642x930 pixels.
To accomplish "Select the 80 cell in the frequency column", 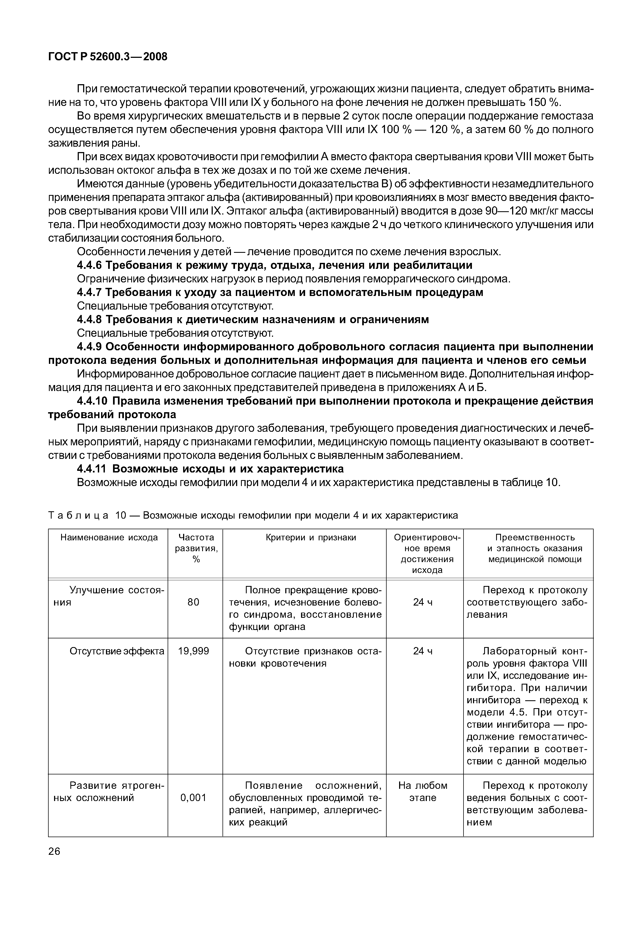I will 193,602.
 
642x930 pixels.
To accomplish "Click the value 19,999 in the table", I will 193,651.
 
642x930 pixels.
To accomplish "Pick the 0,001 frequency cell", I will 193,798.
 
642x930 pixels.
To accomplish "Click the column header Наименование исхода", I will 109,538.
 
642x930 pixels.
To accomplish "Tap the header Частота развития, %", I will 196,548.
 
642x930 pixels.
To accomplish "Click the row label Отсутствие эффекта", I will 117,651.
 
